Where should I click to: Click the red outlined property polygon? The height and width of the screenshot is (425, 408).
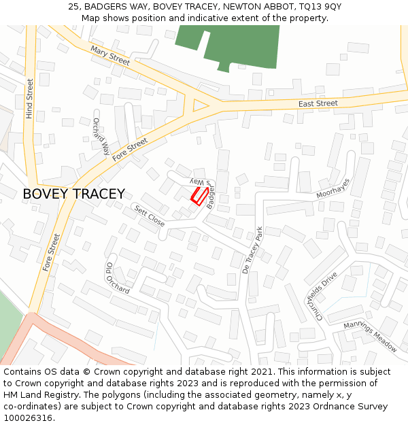[199, 196]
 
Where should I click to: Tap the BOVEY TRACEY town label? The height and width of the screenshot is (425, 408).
[73, 194]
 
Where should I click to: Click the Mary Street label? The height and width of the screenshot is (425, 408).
[109, 56]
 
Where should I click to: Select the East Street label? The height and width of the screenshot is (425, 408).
[318, 103]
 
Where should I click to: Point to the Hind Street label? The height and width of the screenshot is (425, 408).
[29, 99]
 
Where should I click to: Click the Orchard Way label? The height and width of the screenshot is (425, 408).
[101, 136]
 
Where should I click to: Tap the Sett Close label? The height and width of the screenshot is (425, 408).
[149, 216]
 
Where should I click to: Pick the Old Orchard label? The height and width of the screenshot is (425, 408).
[118, 277]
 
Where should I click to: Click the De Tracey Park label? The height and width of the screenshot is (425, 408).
[252, 250]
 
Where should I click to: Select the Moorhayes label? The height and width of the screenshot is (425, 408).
[333, 188]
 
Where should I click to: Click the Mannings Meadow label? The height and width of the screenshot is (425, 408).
[370, 337]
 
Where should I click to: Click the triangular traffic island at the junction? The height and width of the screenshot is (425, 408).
[200, 105]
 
